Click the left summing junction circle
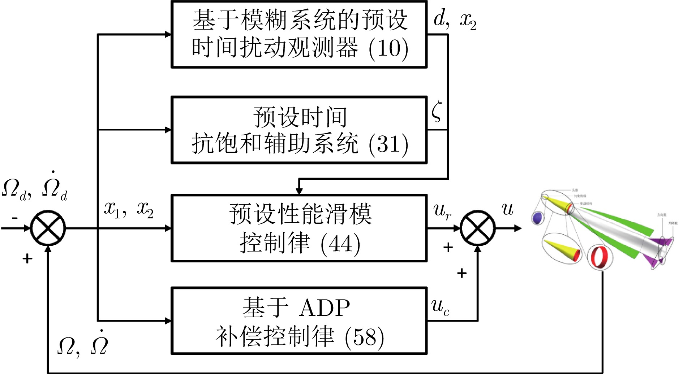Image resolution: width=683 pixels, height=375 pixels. tap(48, 228)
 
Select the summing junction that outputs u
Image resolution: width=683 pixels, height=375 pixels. tap(477, 228)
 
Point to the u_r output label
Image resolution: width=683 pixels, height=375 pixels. tap(442, 211)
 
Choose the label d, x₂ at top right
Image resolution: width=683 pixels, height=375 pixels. tap(455, 20)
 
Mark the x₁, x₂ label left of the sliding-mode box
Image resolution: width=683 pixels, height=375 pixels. tap(129, 210)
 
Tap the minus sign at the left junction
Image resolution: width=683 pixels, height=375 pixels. tap(14, 218)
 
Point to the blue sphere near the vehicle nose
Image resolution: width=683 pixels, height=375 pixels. tap(538, 218)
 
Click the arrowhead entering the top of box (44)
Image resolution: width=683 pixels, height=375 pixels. tap(299, 191)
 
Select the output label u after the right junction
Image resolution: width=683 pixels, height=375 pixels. tap(507, 209)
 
